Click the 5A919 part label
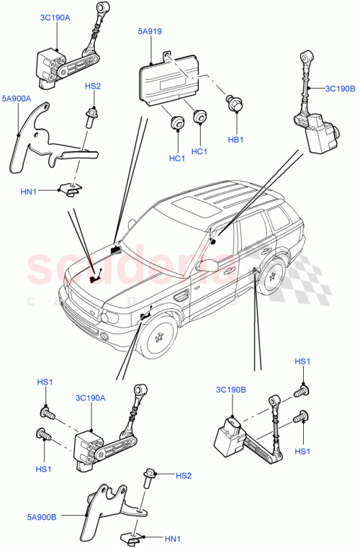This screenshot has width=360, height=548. pos(151,31)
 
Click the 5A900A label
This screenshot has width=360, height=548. pos(16,98)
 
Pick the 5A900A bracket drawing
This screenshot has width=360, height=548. pos(43,144)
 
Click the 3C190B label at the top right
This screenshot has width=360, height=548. pos(340,89)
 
